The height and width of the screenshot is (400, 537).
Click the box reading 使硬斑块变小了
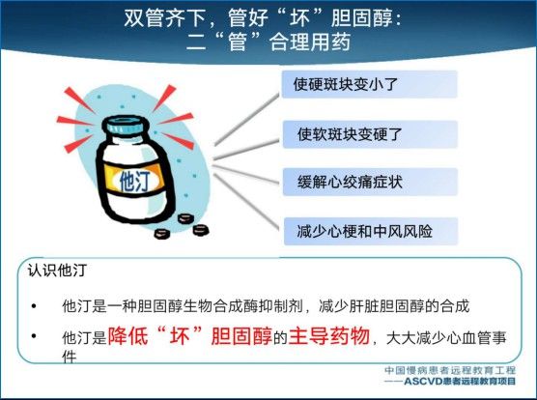369,84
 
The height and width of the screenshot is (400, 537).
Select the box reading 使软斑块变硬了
370,134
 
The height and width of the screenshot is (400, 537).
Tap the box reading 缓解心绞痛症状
370,182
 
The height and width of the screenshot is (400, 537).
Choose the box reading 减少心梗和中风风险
371,231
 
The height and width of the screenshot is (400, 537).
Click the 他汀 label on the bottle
134,180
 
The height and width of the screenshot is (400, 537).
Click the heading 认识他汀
57,271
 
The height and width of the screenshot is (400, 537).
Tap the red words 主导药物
329,336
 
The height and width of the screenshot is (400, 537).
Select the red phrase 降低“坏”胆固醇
190,336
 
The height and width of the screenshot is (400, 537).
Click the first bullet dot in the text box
34,305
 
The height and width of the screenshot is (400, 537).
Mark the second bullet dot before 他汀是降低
34,336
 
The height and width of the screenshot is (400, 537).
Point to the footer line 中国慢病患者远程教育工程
450,370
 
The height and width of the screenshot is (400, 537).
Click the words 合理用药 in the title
310,43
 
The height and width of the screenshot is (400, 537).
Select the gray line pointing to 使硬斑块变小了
247,119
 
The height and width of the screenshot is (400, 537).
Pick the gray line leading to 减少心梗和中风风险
246,201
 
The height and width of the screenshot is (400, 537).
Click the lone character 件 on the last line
69,357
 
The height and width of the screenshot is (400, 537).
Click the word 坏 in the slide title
299,17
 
